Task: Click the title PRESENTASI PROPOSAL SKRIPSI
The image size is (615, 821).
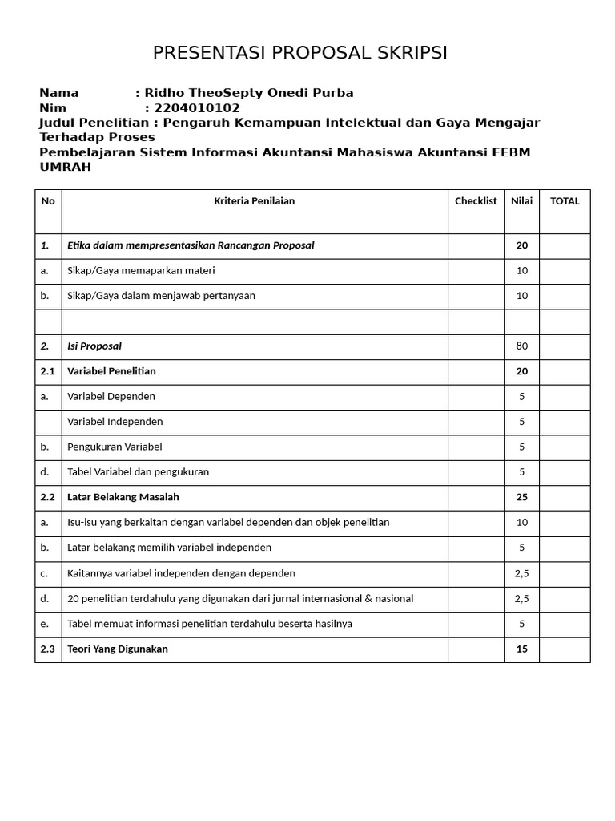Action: coord(300,53)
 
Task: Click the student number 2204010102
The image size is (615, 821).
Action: coord(197,108)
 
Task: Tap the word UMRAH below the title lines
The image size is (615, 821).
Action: coord(66,167)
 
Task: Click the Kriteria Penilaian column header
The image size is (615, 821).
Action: coord(254,201)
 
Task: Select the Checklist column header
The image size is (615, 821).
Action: coord(476,201)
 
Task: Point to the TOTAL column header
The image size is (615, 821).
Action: coord(565,201)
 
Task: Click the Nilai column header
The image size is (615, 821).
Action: coord(521,201)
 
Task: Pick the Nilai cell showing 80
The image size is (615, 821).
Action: coord(521,346)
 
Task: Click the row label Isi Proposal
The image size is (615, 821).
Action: coord(94,346)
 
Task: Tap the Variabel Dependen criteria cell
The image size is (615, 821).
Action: coord(111,396)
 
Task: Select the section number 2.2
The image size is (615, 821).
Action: coord(48,497)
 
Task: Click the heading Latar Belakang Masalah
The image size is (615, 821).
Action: coord(123,497)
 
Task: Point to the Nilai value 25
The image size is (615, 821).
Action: coord(521,497)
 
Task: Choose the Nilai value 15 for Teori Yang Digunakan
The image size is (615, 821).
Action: coord(521,649)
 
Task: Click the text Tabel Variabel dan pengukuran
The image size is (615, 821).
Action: coord(138,472)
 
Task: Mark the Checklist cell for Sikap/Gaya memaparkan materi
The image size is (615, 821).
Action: coord(476,271)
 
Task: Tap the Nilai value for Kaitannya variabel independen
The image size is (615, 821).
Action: coord(521,573)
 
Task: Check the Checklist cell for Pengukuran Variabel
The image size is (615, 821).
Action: coord(476,447)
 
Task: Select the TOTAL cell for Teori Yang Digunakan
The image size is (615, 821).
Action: coord(565,649)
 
